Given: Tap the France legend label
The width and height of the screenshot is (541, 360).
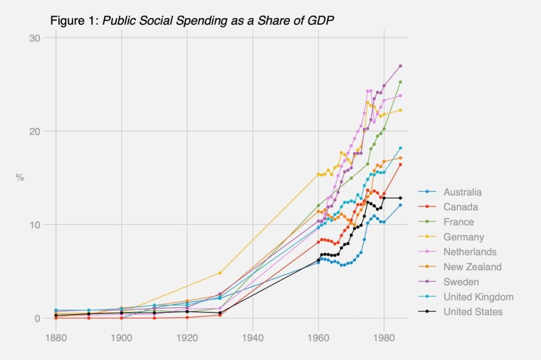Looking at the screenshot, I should pyautogui.click(x=459, y=222).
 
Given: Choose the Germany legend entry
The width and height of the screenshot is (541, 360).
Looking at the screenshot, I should pyautogui.click(x=463, y=237).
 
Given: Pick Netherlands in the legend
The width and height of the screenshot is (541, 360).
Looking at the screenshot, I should pyautogui.click(x=470, y=252).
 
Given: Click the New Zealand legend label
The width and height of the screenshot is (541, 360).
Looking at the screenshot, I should pyautogui.click(x=472, y=267).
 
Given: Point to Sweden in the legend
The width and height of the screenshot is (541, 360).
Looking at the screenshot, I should pyautogui.click(x=461, y=282).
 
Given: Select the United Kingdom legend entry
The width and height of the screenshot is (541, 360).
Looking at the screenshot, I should pyautogui.click(x=478, y=297).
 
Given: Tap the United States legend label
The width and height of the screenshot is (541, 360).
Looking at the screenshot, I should pyautogui.click(x=473, y=312).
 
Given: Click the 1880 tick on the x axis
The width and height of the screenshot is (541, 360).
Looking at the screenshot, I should pyautogui.click(x=56, y=336).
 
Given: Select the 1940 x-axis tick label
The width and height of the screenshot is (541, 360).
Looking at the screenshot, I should pyautogui.click(x=253, y=336).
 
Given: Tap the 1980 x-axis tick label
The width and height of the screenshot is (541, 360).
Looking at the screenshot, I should pyautogui.click(x=384, y=336).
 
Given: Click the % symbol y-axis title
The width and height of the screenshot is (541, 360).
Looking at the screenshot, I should pyautogui.click(x=20, y=178).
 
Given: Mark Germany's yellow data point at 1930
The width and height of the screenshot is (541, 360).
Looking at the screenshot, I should pyautogui.click(x=220, y=273).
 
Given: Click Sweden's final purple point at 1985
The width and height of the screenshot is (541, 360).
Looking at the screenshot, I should pyautogui.click(x=400, y=66).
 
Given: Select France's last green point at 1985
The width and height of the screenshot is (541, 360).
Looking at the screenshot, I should pyautogui.click(x=400, y=82).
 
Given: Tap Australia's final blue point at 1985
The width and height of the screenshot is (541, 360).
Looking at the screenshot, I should pyautogui.click(x=400, y=205).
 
